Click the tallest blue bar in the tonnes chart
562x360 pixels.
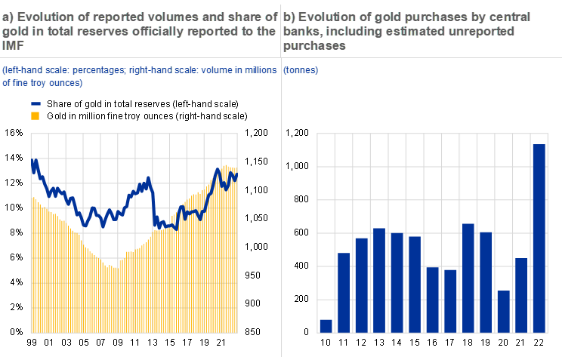(x=539, y=238)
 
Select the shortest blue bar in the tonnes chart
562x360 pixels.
(x=326, y=325)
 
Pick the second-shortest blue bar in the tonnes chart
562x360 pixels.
(x=503, y=311)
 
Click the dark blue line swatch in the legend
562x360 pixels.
(x=35, y=103)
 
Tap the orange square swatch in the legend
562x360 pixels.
(x=35, y=115)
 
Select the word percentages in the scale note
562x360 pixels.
(x=94, y=70)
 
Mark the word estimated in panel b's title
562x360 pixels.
(x=425, y=31)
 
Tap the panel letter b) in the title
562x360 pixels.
(x=289, y=17)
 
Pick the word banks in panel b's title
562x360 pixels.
(x=299, y=31)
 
